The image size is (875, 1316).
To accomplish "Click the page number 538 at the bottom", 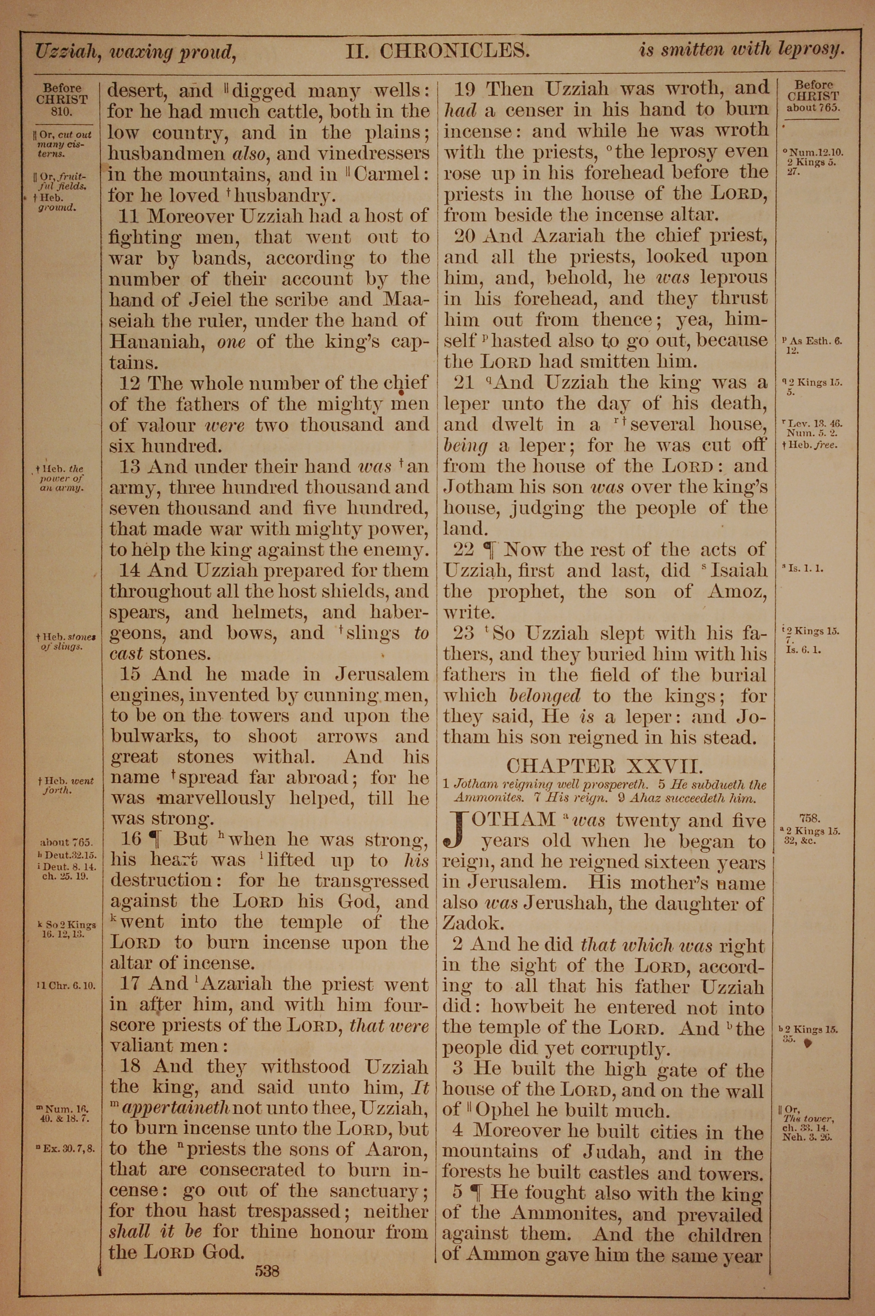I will [267, 1256].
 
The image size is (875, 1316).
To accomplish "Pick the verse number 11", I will [132, 216].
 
